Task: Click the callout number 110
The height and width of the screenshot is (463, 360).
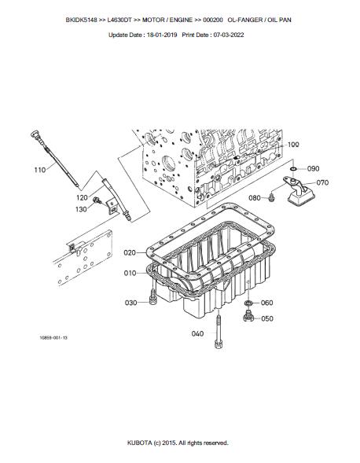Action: [x=40, y=170]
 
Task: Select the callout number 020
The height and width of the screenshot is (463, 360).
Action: [x=130, y=253]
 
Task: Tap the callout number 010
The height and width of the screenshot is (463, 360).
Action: [x=130, y=273]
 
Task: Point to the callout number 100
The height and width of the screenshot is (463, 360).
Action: [x=293, y=145]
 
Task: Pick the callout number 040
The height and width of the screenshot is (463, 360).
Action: [x=197, y=333]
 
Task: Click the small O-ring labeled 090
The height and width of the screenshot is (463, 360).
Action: [x=293, y=169]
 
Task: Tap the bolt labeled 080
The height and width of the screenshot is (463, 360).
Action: [x=271, y=198]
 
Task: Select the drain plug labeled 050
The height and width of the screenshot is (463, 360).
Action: [x=248, y=316]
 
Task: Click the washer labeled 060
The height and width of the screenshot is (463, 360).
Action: [x=248, y=303]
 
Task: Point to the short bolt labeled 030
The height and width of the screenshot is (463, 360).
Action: [x=152, y=296]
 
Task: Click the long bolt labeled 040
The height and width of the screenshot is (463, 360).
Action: [x=219, y=332]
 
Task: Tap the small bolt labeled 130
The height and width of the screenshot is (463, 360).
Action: [x=97, y=200]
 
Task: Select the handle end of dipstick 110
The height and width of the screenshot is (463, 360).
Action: [x=35, y=134]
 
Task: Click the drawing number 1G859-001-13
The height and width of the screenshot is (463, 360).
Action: [x=53, y=337]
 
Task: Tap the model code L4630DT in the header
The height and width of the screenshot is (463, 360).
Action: [x=119, y=20]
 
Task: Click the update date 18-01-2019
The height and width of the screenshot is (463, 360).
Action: [x=162, y=35]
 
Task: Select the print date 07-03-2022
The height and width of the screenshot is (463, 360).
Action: [x=229, y=35]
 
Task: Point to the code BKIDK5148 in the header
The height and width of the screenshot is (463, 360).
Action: [x=82, y=20]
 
